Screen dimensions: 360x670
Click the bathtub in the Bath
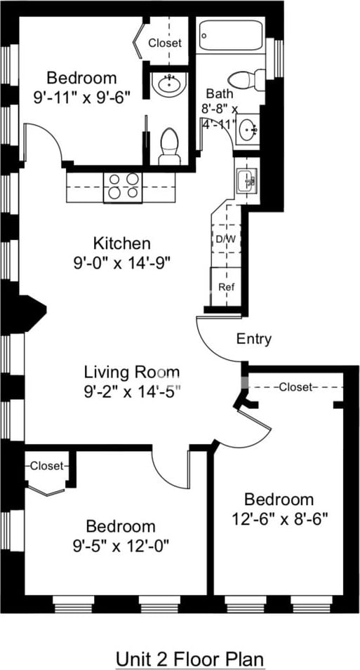tap(231, 35)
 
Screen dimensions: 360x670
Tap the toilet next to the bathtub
tap(247, 79)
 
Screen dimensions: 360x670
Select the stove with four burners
tap(123, 187)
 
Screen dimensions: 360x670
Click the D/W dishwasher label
tap(227, 239)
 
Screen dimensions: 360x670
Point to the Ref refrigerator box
tap(226, 287)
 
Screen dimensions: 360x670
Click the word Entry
tap(254, 340)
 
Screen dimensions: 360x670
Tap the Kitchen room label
tap(122, 243)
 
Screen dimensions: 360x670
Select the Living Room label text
tap(132, 372)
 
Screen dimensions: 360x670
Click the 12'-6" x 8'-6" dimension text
tap(279, 518)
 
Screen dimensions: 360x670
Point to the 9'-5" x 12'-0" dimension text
tap(121, 545)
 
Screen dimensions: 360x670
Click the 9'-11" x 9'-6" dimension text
tap(81, 98)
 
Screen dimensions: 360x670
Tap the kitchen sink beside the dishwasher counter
tap(247, 180)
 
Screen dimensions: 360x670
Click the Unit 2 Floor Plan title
tap(190, 657)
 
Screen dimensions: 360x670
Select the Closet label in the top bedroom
tap(165, 43)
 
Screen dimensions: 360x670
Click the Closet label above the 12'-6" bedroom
tap(296, 387)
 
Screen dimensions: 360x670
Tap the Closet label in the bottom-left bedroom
tap(46, 465)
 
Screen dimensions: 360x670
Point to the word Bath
tap(220, 93)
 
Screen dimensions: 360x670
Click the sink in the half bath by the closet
tap(170, 83)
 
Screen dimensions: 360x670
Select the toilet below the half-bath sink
tap(170, 147)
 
